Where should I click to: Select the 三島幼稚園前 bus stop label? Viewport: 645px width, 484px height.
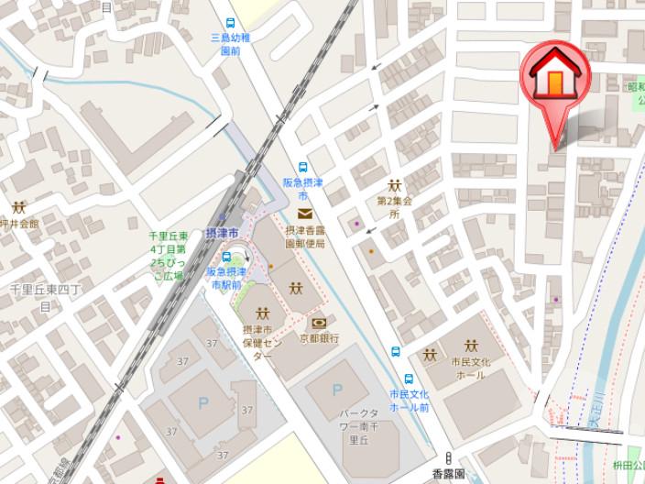click(230, 44)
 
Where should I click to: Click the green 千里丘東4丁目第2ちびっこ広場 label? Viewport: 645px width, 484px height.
click(169, 255)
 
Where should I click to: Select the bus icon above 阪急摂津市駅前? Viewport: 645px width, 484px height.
click(225, 258)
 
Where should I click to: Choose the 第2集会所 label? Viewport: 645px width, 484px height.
click(395, 207)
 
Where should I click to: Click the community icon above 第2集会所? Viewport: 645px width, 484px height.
click(396, 186)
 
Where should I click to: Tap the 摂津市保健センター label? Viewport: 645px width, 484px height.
click(262, 343)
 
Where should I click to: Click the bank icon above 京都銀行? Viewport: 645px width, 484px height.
click(320, 323)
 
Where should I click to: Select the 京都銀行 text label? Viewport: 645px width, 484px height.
click(319, 338)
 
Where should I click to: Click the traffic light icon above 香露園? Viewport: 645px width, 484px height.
click(448, 458)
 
